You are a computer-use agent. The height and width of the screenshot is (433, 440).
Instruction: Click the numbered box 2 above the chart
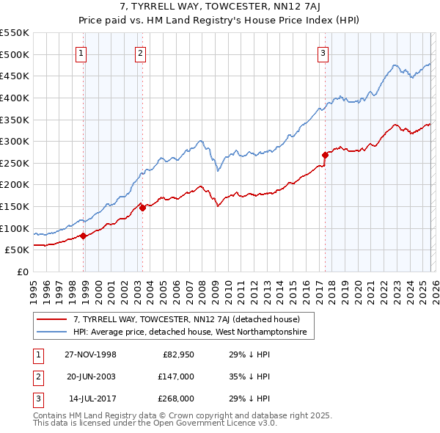(140, 52)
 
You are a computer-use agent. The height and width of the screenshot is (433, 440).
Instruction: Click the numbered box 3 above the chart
(323, 52)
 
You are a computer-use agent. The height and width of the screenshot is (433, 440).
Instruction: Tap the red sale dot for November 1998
(84, 236)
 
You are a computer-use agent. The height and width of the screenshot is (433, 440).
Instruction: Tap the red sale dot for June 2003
(143, 208)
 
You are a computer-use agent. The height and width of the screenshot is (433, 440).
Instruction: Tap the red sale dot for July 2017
(325, 155)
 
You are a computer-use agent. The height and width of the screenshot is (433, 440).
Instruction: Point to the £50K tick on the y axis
(18, 250)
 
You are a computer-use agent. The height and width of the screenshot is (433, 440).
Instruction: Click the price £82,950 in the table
(177, 354)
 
